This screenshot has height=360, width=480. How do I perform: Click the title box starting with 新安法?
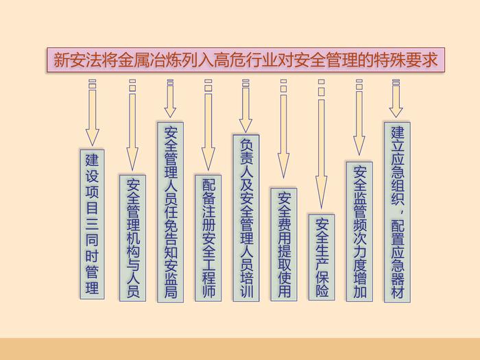(x=245, y=60)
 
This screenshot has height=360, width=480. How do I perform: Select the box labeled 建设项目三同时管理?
(x=92, y=224)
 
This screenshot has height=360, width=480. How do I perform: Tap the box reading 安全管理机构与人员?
(x=132, y=238)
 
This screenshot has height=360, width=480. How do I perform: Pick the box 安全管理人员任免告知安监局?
(x=171, y=212)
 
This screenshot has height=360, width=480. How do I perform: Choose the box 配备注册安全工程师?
(x=208, y=238)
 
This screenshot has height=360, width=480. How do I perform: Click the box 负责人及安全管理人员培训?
(x=246, y=218)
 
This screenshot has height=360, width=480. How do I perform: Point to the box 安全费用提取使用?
(x=284, y=245)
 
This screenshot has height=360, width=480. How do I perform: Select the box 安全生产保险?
(x=322, y=257)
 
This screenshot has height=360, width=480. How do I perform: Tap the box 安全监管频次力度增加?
(x=359, y=232)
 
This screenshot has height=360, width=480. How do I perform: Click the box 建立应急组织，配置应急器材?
(x=397, y=212)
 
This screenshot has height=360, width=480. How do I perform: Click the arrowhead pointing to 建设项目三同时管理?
(x=92, y=138)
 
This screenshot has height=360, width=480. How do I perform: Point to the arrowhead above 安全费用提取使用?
(x=283, y=165)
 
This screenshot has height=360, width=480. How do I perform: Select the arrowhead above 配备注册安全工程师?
(x=208, y=159)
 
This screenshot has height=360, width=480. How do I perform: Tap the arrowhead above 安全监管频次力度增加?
(x=359, y=145)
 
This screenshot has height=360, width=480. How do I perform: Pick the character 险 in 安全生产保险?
(x=322, y=289)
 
